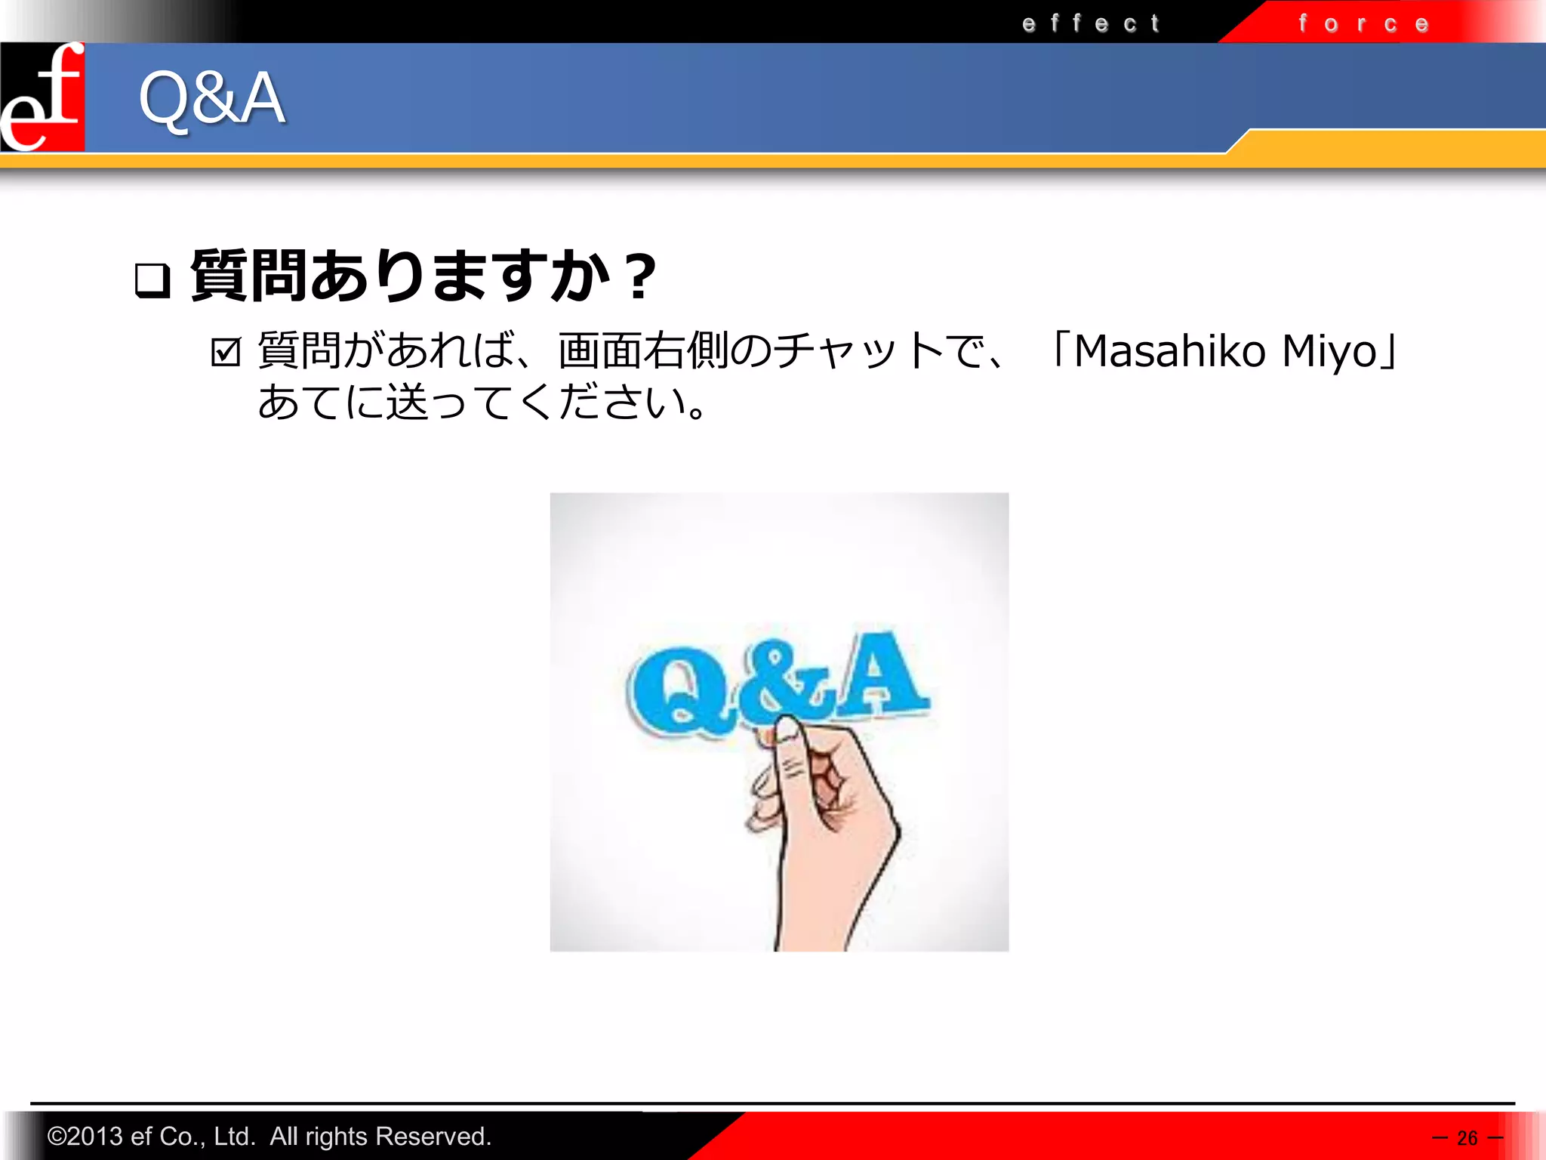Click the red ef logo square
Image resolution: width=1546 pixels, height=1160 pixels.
(42, 97)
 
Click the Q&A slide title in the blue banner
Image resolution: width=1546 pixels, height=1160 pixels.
(212, 97)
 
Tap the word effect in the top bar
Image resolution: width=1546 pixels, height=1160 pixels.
(1091, 23)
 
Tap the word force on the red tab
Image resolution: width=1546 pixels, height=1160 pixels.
(1363, 23)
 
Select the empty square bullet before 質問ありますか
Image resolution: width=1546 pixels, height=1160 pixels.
(152, 280)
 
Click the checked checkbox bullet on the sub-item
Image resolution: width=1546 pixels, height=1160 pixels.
(226, 352)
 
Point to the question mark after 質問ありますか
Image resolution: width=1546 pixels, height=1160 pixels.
(640, 277)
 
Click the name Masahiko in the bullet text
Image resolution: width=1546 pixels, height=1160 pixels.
(1169, 351)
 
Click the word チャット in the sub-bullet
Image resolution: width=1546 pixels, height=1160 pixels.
(858, 351)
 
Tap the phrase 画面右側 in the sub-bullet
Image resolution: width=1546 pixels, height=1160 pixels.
(643, 351)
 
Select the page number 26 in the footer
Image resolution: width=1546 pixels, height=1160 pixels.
(1467, 1137)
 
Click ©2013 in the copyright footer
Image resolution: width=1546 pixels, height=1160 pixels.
(85, 1137)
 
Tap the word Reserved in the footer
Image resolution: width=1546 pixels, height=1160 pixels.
(433, 1137)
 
